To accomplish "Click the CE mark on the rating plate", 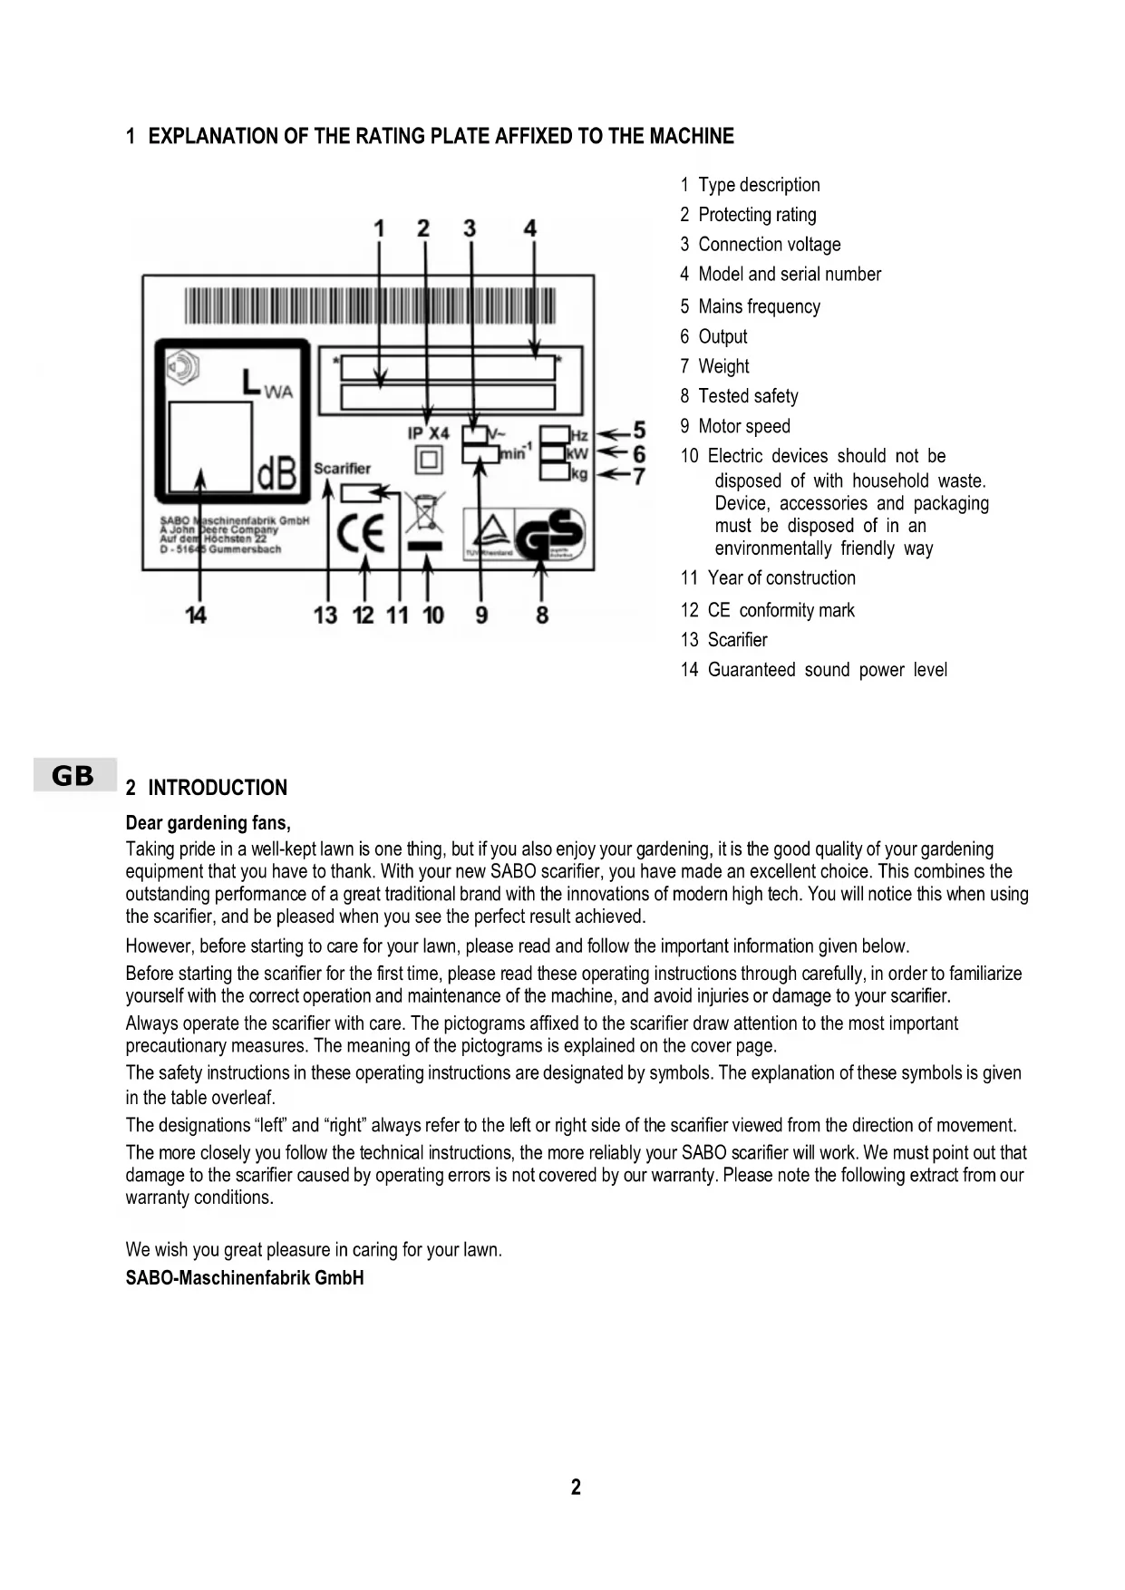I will tap(362, 534).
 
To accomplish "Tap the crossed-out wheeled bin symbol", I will tap(424, 513).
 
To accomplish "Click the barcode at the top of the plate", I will tap(370, 305).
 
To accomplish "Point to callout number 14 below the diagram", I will tap(196, 616).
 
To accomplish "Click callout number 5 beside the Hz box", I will tap(638, 430).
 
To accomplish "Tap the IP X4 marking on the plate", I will tap(428, 433).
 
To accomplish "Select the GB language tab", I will tap(73, 776).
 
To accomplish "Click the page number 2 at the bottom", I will tap(576, 1487).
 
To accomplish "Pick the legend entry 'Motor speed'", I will tap(743, 426).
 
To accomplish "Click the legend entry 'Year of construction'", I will tap(781, 577).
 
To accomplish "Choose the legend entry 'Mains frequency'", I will tap(759, 306).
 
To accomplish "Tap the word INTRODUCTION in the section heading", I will tap(218, 788).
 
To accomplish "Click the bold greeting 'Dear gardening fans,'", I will tap(209, 823).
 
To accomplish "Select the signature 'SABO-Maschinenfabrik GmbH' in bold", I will tap(245, 1278).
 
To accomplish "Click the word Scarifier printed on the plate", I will tap(342, 468).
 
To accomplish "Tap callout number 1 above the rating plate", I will tap(379, 228).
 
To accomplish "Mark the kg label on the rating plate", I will tap(579, 474).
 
